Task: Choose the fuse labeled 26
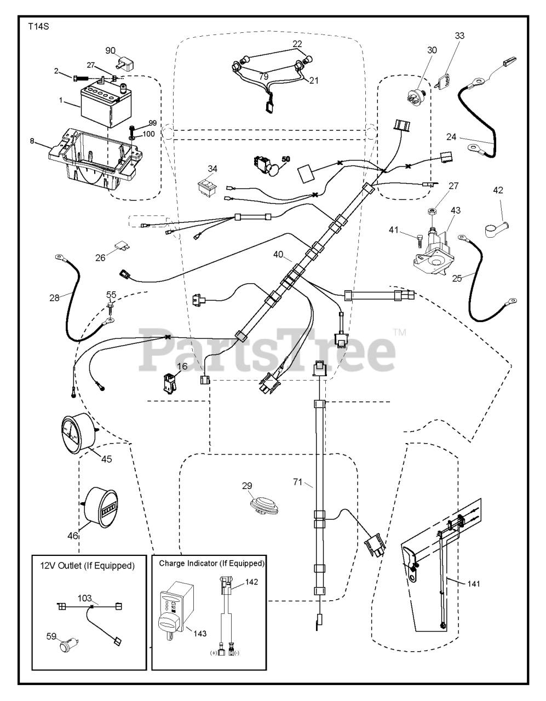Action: pos(122,246)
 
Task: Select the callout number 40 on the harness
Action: pos(278,254)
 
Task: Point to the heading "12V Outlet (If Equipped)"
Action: pos(88,566)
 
